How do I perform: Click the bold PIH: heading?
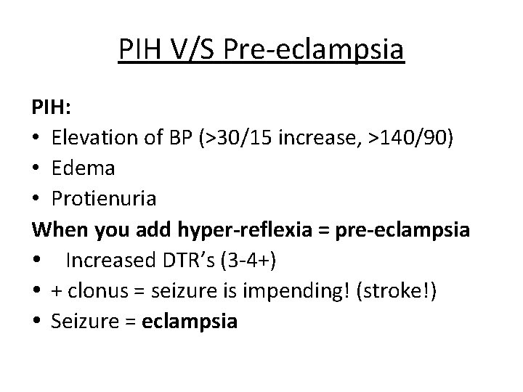(51, 109)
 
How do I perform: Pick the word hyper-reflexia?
(226, 230)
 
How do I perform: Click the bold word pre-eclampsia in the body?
(388, 230)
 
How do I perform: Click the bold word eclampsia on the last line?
(192, 321)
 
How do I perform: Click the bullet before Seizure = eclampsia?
(36, 322)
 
